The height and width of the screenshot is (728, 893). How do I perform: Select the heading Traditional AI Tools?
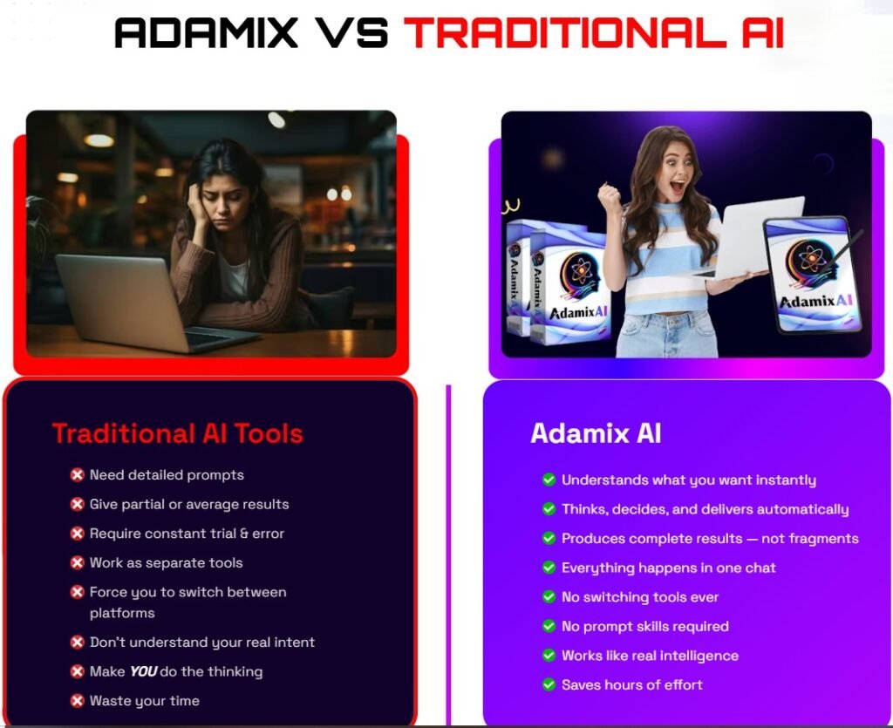click(177, 433)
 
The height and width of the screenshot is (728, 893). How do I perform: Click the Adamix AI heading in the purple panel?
click(596, 433)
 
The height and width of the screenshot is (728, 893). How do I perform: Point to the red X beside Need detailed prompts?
click(77, 475)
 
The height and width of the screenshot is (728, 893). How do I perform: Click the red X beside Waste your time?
click(77, 701)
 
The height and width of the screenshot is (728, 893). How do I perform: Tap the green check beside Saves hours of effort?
click(549, 684)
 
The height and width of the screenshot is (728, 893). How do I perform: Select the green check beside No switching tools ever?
click(549, 597)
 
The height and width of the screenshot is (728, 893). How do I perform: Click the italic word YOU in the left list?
click(143, 671)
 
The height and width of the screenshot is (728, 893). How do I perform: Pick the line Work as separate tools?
click(166, 563)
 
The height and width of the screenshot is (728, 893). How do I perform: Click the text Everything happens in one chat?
click(668, 568)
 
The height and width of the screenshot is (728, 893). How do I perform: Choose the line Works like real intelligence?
click(650, 656)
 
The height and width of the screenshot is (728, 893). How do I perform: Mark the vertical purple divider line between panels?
click(449, 549)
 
